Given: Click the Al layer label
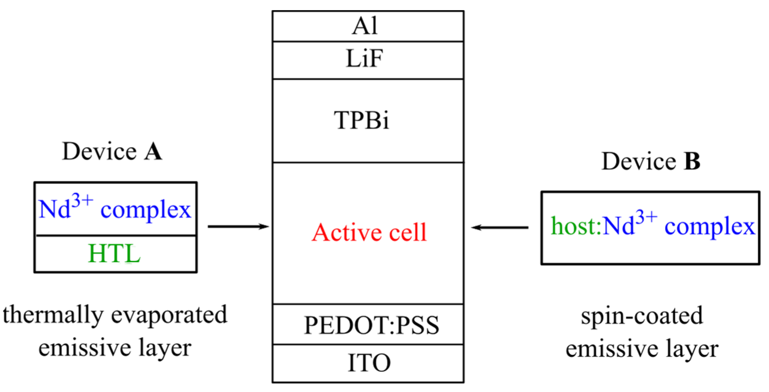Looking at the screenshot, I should point(365,26).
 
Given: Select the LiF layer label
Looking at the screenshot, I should point(364,59).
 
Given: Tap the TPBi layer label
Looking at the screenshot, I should point(361,120).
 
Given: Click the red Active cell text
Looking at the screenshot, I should point(369,233).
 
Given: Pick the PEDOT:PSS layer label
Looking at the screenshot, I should point(371,325).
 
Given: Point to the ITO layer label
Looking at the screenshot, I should point(369,363).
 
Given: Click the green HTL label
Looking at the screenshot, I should point(114,254).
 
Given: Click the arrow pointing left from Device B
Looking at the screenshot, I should point(500,227).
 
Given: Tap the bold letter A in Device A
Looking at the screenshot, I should point(153,152).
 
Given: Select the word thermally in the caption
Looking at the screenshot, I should point(53,315).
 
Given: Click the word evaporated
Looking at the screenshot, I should point(169,315).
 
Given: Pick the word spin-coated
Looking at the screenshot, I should point(642,316).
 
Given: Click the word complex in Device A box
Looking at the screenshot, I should point(145,210).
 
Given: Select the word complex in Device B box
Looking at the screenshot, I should point(710,227).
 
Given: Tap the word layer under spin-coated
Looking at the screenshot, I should point(692,349).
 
